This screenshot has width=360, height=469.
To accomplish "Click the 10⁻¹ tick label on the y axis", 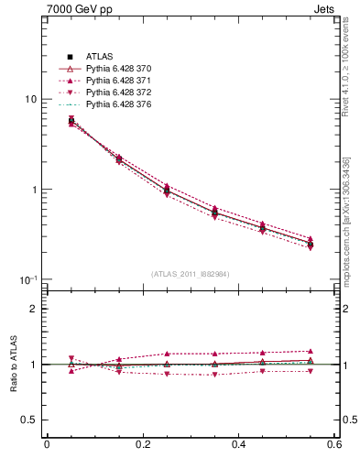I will pos(29,279).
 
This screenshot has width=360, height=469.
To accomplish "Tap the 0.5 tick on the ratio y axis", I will pos(30,420).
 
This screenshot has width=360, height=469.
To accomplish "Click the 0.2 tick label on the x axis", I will pos(142,445).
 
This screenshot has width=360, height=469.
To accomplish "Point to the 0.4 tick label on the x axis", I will pos(240,445).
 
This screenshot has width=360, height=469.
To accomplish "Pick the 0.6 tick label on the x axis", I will pos(336,445).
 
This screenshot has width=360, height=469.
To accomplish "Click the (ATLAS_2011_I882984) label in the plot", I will pos(191,274).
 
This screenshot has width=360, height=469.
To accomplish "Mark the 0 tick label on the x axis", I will pos(46,445).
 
